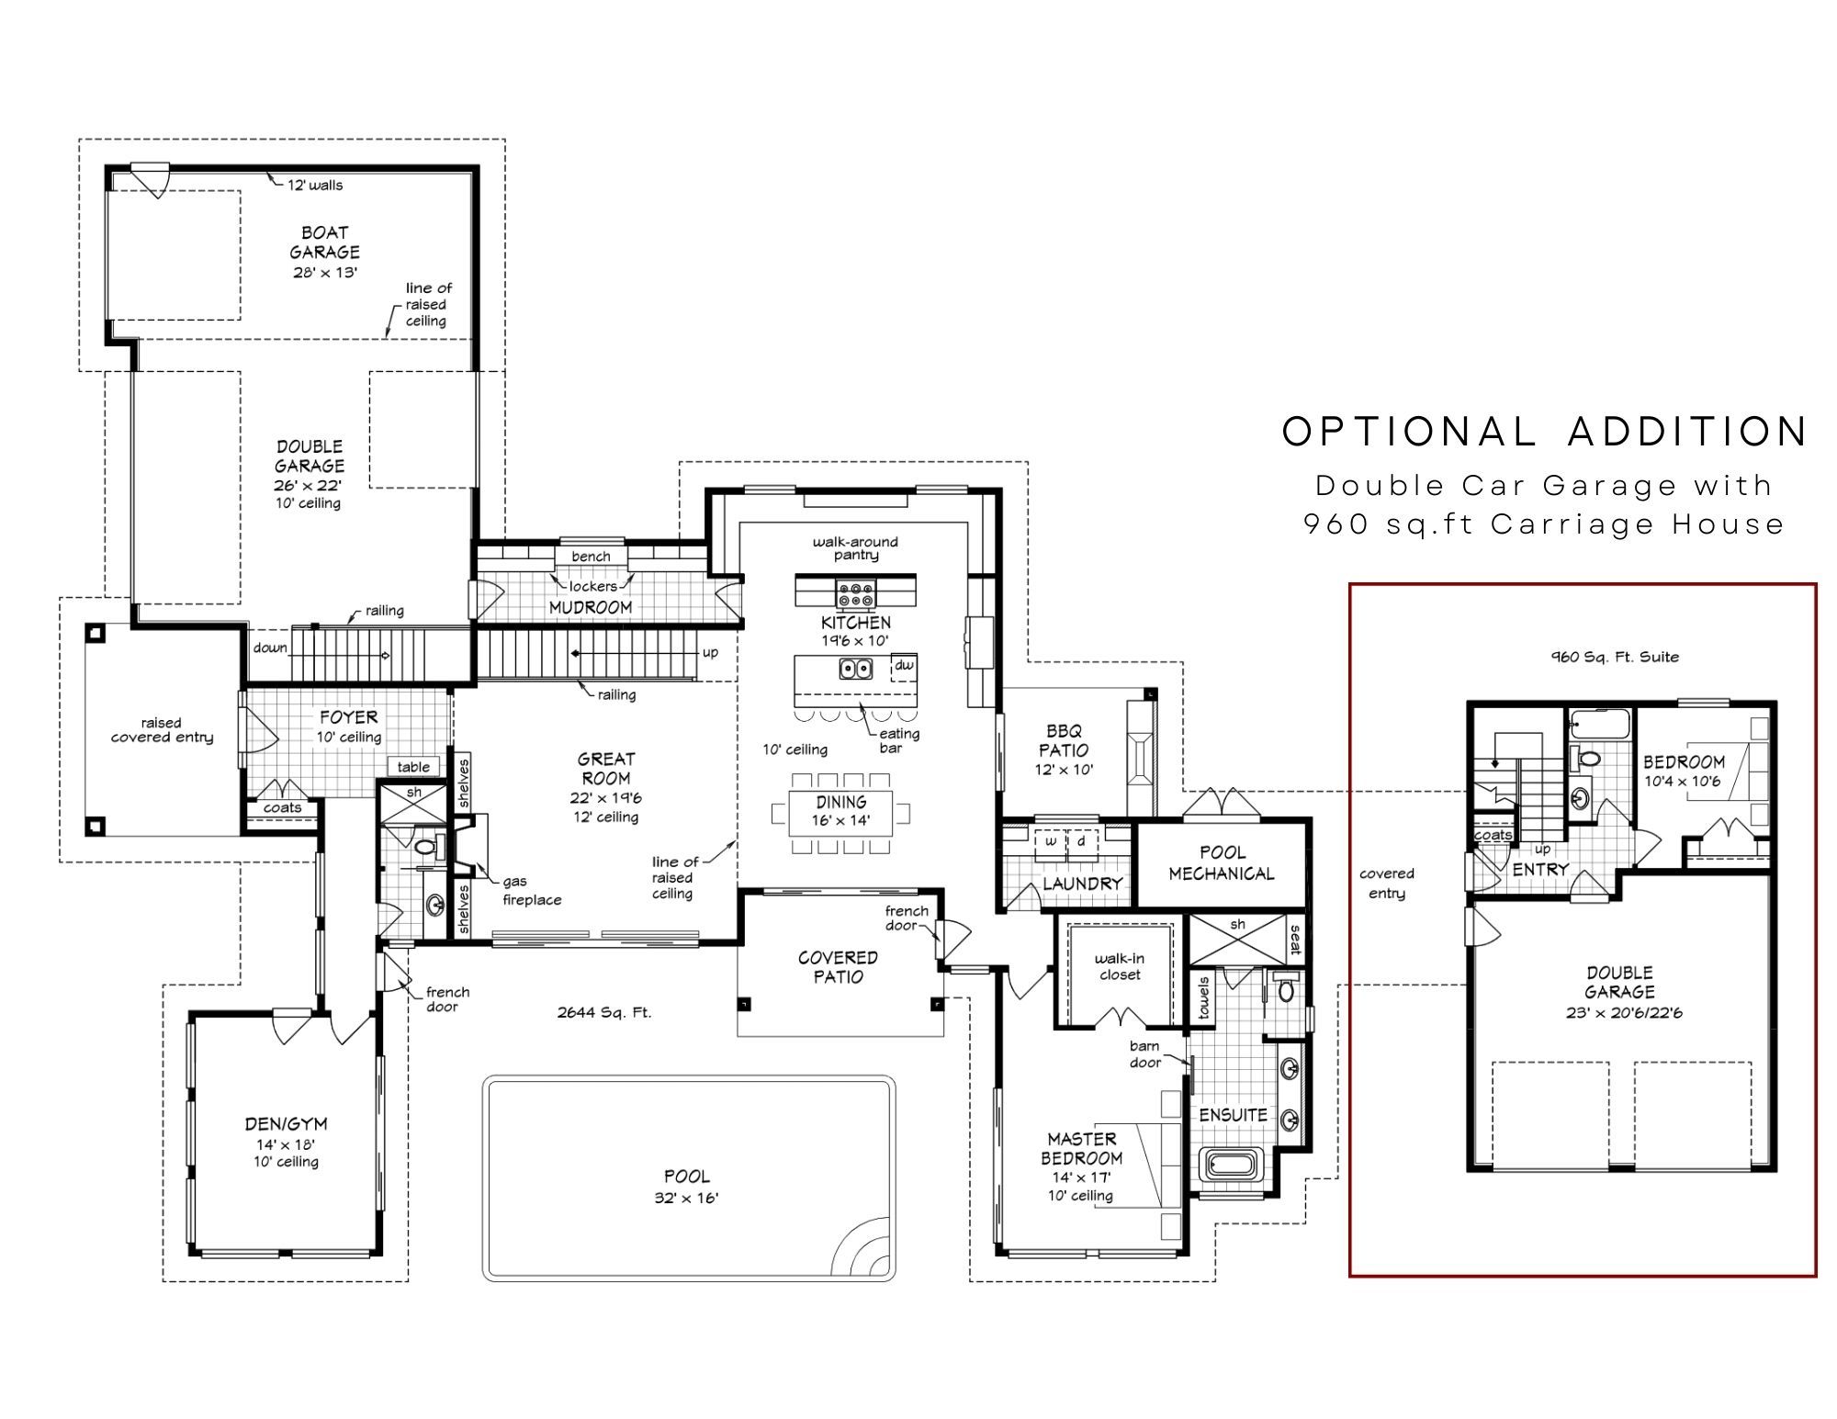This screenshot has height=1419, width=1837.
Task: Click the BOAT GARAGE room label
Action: pos(324,242)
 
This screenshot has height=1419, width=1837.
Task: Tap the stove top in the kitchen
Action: pos(855,593)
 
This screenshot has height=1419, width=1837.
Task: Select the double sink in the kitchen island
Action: pos(855,669)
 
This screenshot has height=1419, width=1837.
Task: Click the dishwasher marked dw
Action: pos(904,667)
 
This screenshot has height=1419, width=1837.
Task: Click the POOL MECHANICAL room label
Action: pos(1222,863)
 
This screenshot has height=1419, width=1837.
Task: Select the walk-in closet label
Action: pos(1120,966)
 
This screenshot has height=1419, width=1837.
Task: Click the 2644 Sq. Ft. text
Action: pos(603,1013)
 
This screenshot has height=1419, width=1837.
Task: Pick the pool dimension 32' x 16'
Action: pos(686,1198)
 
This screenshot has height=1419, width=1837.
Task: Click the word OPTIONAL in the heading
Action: pos(1410,432)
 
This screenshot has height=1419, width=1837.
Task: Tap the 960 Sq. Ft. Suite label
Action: pos(1615,657)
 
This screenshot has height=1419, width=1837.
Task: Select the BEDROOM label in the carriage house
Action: pos(1684,761)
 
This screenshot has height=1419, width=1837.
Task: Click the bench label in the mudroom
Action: pos(591,557)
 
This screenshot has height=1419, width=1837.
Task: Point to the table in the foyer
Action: pos(413,767)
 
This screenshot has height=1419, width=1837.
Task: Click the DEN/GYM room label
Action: pos(286,1123)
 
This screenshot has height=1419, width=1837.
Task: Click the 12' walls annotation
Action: pos(314,185)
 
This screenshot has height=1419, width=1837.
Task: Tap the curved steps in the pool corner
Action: pos(862,1246)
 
